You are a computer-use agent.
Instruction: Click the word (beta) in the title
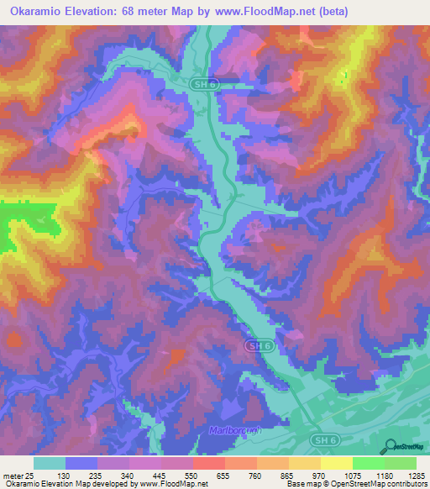[331, 11]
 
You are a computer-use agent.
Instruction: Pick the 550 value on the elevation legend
[191, 475]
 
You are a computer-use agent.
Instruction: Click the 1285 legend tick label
[414, 475]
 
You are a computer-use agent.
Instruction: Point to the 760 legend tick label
[255, 475]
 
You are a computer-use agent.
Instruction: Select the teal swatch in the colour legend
[50, 462]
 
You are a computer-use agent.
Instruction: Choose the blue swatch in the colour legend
[81, 462]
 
